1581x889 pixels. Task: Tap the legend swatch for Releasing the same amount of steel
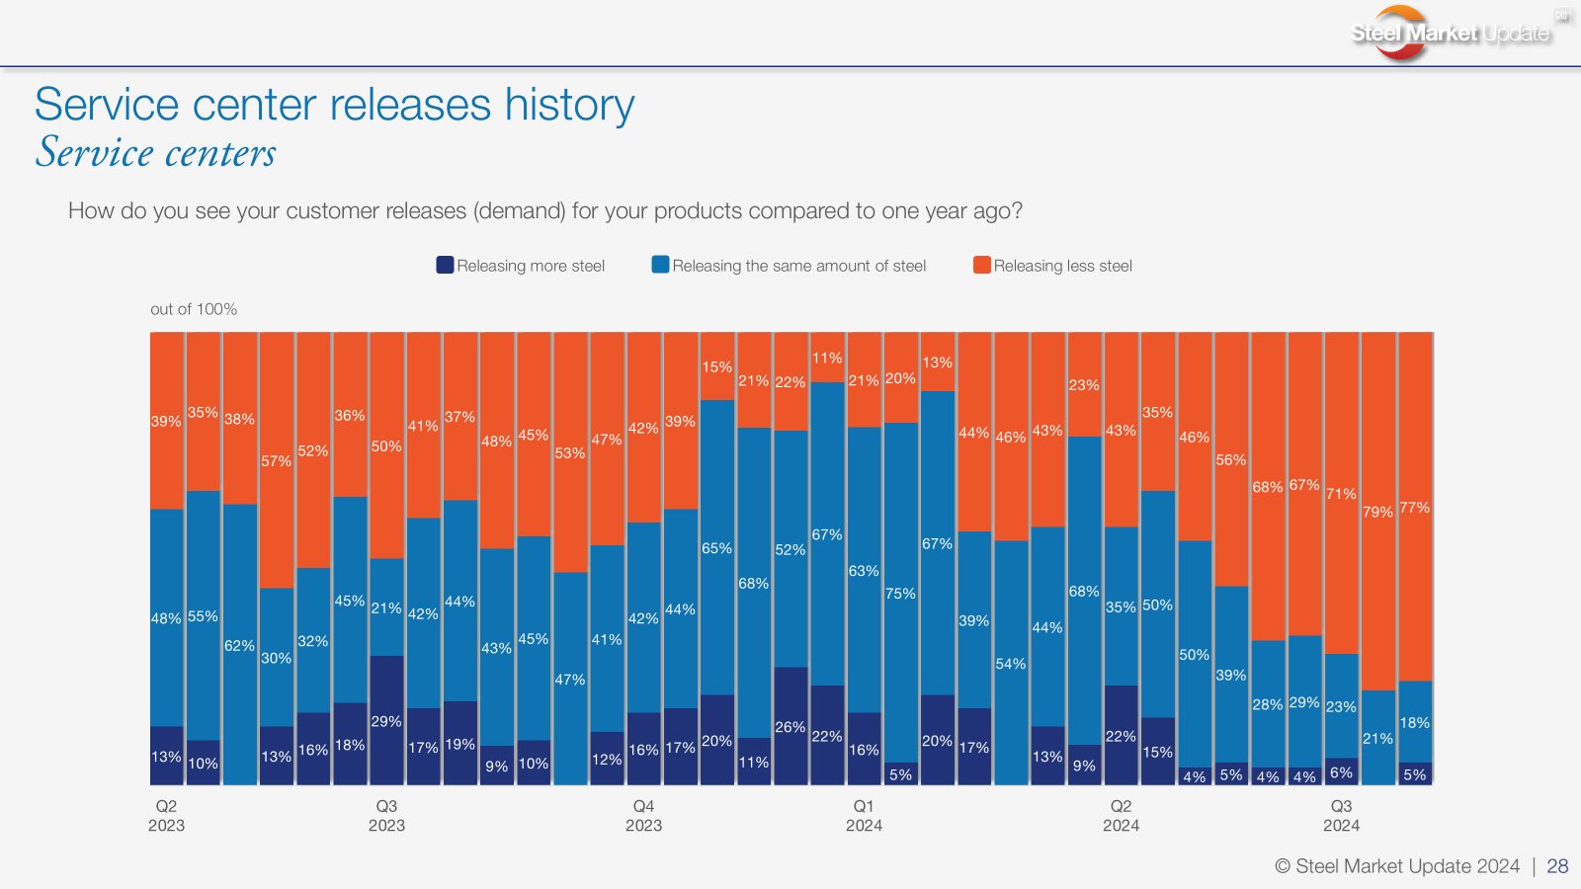[660, 265]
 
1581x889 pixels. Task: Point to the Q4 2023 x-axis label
[643, 816]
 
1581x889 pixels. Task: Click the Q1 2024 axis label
[864, 816]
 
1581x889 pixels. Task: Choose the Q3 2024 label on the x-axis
[1341, 816]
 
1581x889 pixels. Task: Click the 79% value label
[1377, 512]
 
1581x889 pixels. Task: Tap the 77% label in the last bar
[1414, 508]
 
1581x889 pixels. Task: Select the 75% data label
[900, 594]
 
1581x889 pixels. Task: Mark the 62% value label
[239, 646]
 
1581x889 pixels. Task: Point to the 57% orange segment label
[276, 461]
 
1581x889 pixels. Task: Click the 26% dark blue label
[790, 727]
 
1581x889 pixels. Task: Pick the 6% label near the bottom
[1341, 772]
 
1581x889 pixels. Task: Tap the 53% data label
[570, 453]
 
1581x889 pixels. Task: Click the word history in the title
[569, 105]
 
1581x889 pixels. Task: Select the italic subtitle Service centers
[156, 153]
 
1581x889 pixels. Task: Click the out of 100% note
[194, 309]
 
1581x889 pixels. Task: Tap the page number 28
[1557, 866]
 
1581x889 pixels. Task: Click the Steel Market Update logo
[1450, 33]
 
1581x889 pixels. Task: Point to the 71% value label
[1341, 494]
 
